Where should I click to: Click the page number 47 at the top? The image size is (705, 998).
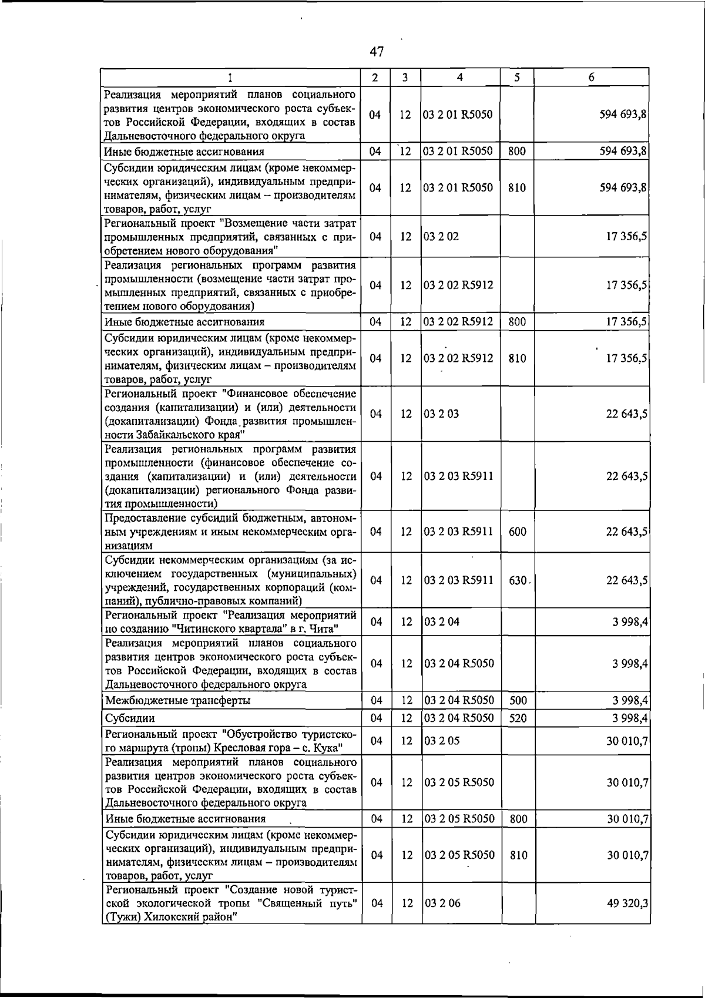point(377,52)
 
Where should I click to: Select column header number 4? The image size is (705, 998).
point(460,77)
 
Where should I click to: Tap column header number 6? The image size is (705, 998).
point(591,77)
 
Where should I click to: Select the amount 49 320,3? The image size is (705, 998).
point(627,903)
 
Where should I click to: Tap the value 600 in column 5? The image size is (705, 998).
point(517,532)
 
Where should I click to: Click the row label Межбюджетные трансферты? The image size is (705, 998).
point(177,700)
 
